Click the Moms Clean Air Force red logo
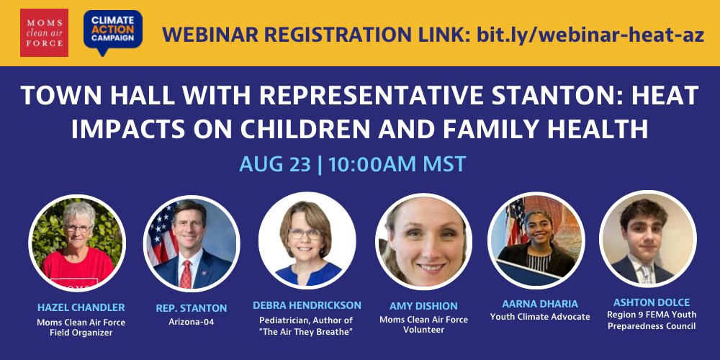pos(45,32)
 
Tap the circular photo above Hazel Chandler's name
pos(77,243)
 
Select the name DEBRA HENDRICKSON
pos(307,305)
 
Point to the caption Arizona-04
pos(192,322)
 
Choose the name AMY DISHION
pos(423,306)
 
